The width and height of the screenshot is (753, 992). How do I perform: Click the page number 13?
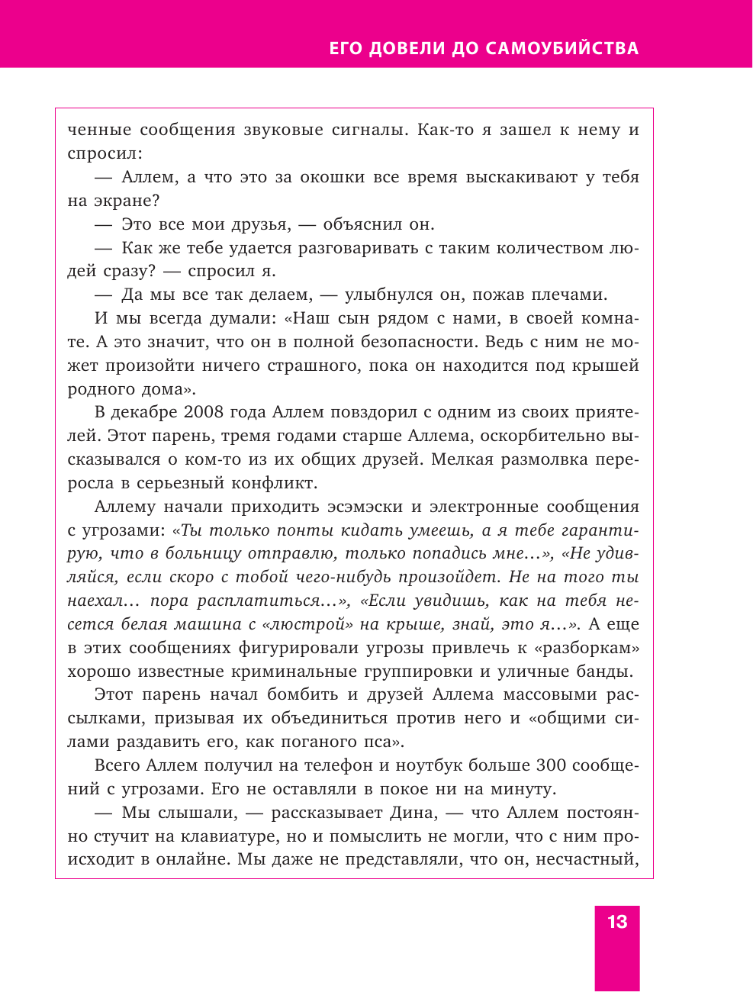click(x=617, y=922)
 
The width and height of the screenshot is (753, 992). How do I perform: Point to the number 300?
click(x=550, y=765)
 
